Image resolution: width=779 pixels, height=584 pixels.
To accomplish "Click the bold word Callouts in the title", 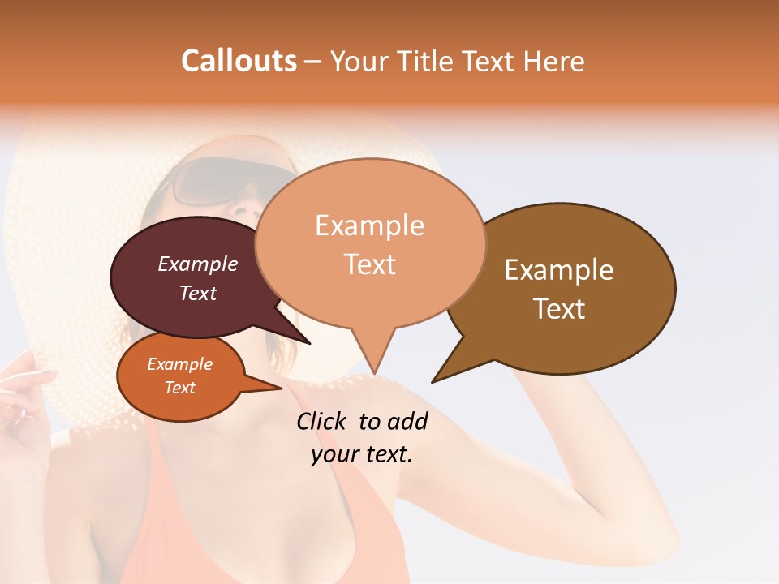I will [x=239, y=61].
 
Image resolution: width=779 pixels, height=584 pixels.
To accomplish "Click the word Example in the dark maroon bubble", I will [x=197, y=264].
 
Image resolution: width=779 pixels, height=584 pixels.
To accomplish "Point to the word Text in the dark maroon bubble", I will [x=197, y=293].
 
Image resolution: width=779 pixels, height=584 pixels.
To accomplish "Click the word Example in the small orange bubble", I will [x=179, y=364].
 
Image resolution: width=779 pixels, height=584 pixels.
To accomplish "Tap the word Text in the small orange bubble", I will [x=179, y=388].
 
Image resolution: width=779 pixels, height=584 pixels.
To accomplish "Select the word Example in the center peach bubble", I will [x=369, y=225].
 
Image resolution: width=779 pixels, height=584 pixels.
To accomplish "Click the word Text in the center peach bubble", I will [x=369, y=264].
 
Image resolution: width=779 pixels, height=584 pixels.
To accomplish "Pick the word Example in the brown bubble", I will [x=559, y=270].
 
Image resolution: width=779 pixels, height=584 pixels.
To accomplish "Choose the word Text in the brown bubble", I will [x=559, y=309].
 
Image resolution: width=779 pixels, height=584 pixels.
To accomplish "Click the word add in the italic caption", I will [x=407, y=421].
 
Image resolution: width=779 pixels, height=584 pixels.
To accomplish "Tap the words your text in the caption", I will [x=361, y=454].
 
